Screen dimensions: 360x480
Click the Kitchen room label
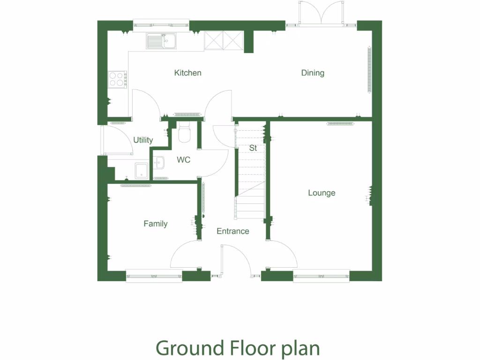187,73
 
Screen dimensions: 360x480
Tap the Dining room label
313,73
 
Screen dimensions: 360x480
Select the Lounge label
322,193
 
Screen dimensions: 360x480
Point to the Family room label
155,224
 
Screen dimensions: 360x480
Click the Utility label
143,140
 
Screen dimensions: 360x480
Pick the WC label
183,160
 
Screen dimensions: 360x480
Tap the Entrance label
232,231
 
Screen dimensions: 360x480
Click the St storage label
253,148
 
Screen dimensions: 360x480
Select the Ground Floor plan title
238,348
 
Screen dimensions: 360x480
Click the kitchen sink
160,41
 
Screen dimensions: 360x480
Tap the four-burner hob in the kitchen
117,79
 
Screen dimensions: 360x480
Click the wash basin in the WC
159,162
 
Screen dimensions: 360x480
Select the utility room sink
142,171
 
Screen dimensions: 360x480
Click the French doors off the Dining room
321,13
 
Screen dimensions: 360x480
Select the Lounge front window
321,276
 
